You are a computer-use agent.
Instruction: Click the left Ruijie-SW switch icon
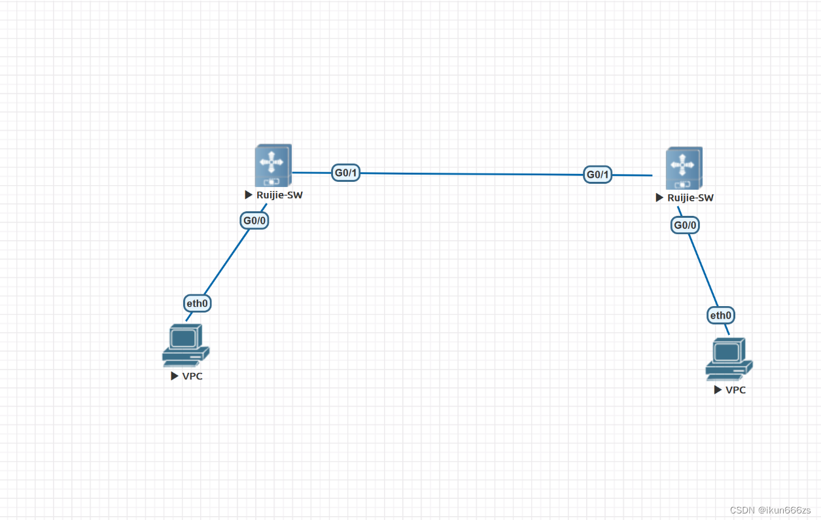coord(273,165)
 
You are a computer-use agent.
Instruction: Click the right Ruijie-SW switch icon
coord(684,168)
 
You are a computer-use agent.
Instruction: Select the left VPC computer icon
coord(185,345)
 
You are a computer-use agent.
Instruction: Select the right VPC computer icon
coord(728,358)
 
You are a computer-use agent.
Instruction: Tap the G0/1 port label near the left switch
coord(345,173)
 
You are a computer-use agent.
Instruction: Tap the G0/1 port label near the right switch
coord(598,175)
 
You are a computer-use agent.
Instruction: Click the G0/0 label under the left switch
coord(254,220)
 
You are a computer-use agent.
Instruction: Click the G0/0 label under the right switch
coord(685,226)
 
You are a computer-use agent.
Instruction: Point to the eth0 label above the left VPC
coord(197,303)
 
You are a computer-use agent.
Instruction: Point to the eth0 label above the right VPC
coord(721,315)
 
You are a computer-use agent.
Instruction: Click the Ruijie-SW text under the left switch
coord(279,195)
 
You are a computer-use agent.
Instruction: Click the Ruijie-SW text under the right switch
coord(690,198)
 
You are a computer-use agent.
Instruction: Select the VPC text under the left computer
coord(192,376)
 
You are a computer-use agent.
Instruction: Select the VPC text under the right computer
coord(736,390)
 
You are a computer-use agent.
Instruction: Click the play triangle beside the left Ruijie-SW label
coord(249,195)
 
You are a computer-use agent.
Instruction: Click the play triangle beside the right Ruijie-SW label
coord(659,198)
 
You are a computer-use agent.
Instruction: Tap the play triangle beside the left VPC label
coord(175,376)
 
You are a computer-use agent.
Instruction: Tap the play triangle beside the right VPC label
coord(718,390)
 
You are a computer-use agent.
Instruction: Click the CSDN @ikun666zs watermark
coord(770,510)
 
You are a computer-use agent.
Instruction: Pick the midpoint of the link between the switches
coord(472,174)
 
